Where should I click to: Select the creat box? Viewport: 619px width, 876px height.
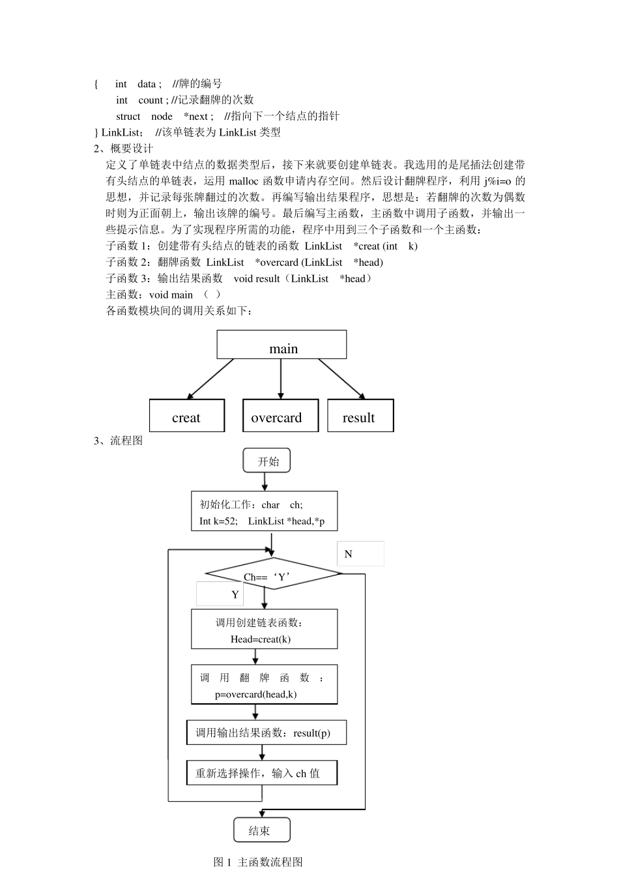click(x=187, y=416)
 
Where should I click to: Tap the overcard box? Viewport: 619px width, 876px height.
click(x=280, y=416)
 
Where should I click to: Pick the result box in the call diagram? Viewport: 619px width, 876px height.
click(x=360, y=416)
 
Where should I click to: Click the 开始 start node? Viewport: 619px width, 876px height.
click(x=266, y=461)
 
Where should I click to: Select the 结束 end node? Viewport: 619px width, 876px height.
click(x=261, y=830)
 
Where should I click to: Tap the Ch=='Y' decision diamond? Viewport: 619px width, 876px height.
click(x=273, y=574)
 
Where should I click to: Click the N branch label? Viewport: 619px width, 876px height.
click(x=349, y=554)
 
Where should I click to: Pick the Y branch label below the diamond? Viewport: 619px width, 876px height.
click(x=235, y=594)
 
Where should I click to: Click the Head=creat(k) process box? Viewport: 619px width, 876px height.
click(x=265, y=629)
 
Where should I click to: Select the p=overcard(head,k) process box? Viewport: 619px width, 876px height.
click(x=265, y=684)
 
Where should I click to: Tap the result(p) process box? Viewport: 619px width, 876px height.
click(x=266, y=733)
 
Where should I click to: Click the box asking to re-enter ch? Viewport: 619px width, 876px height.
click(x=262, y=773)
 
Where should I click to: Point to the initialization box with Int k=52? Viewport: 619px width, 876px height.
click(x=265, y=511)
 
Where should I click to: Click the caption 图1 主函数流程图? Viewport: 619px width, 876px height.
click(x=258, y=862)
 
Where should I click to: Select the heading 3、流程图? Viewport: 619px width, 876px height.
click(x=119, y=441)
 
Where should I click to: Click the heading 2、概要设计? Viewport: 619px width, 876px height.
click(x=124, y=149)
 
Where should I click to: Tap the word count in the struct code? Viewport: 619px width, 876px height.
click(x=151, y=100)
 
